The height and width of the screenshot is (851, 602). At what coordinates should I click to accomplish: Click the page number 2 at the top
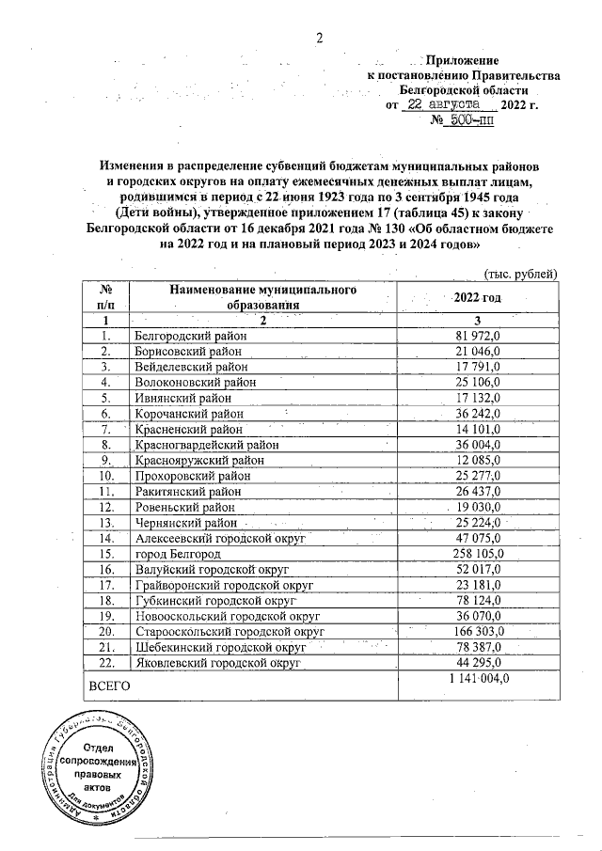click(x=319, y=39)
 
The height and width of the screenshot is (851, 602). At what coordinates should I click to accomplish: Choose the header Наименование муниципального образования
click(x=262, y=297)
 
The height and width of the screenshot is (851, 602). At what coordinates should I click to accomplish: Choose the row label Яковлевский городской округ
click(x=217, y=662)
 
